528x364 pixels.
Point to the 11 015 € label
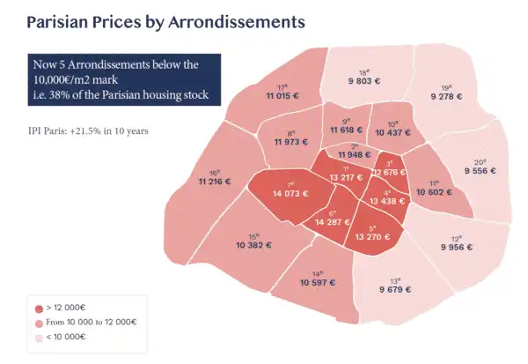click(282, 94)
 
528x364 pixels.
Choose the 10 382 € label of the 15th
click(254, 243)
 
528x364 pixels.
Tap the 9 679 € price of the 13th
click(399, 288)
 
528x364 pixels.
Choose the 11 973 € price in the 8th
click(292, 142)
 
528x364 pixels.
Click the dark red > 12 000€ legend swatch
click(38, 309)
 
